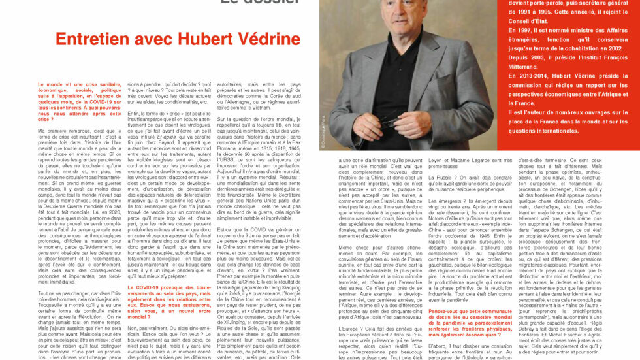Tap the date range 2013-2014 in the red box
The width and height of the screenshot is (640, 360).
(x=528, y=76)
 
